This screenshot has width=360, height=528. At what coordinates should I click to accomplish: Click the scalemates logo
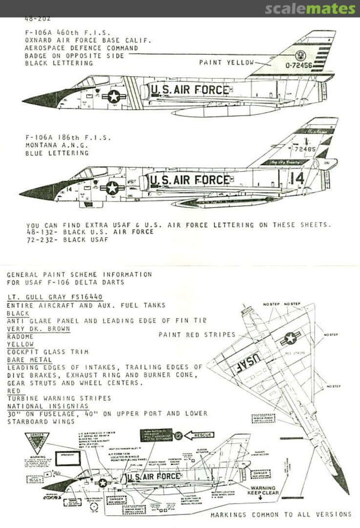pyautogui.click(x=310, y=9)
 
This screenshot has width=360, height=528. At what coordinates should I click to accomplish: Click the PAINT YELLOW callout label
pyautogui.click(x=227, y=63)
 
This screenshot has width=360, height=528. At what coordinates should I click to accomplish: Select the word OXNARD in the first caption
pyautogui.click(x=38, y=41)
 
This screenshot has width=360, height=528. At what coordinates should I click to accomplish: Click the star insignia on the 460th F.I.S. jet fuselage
pyautogui.click(x=114, y=96)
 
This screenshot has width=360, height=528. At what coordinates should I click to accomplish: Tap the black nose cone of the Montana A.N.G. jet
pyautogui.click(x=37, y=191)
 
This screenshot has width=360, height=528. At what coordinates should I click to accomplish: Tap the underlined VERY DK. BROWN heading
pyautogui.click(x=38, y=329)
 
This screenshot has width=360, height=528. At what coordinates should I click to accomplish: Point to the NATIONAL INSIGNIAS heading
pyautogui.click(x=47, y=406)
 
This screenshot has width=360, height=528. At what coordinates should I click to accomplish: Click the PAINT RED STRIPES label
pyautogui.click(x=197, y=335)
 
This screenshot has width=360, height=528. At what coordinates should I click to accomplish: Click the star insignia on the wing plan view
pyautogui.click(x=290, y=338)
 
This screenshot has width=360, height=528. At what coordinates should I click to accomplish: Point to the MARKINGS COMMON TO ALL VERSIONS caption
pyautogui.click(x=280, y=514)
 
